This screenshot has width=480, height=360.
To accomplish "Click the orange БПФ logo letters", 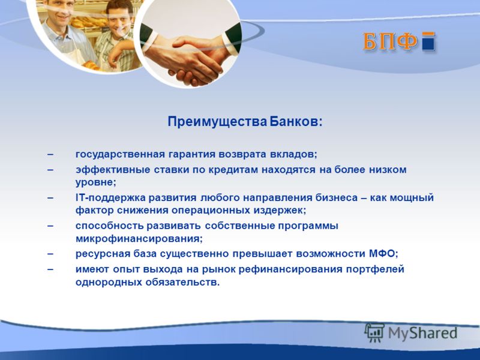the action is click(x=391, y=41).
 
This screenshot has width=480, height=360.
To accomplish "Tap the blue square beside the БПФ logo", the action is click(x=428, y=41).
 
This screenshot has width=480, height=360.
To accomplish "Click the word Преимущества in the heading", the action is click(x=217, y=122).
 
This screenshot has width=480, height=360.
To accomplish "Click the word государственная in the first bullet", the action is click(x=121, y=154).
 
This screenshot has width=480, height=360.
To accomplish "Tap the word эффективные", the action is click(x=113, y=170).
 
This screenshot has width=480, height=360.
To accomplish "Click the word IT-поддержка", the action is click(x=110, y=198).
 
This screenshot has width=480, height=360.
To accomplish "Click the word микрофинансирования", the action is click(x=138, y=238).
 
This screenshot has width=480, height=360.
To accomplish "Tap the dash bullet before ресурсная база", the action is click(x=50, y=254).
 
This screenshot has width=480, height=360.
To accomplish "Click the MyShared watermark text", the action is click(x=422, y=333).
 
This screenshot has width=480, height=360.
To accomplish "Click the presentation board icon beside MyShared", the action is click(x=374, y=332).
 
